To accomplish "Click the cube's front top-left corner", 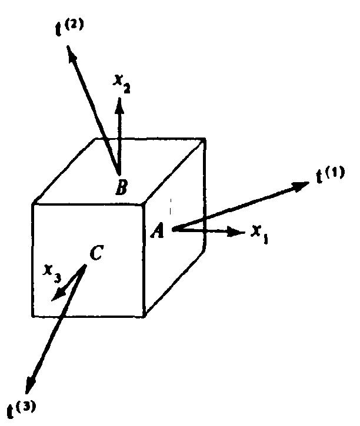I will (x=34, y=204).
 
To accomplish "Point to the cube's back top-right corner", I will (x=205, y=139).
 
